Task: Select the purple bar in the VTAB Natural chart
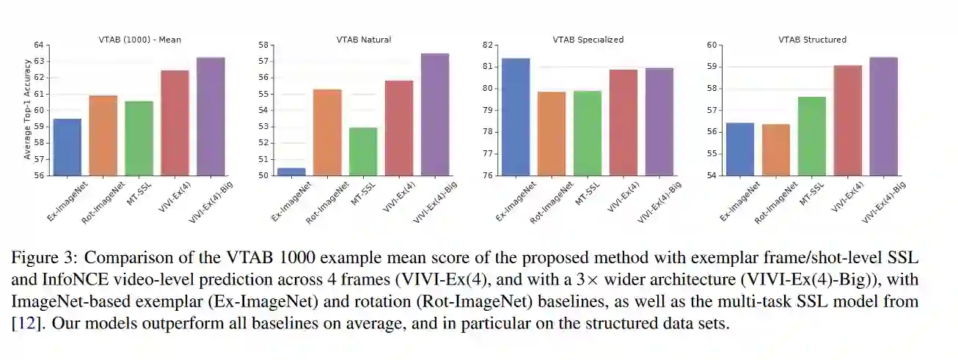[435, 114]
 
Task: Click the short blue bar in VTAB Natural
[291, 172]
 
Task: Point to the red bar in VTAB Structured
[848, 120]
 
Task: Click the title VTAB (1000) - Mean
[140, 40]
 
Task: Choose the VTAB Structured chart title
[812, 40]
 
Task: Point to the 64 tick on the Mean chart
[39, 45]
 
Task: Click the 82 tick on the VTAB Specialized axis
[487, 45]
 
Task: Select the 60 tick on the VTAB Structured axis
[712, 45]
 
